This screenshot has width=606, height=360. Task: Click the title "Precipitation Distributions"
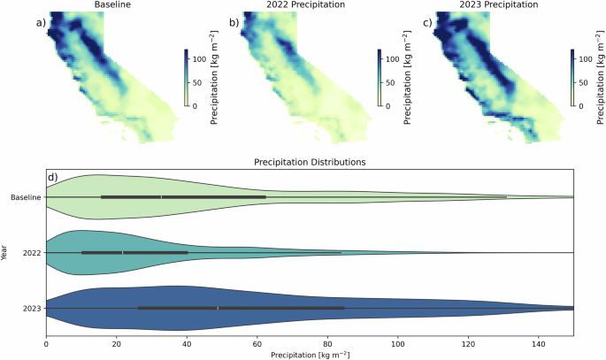(310, 163)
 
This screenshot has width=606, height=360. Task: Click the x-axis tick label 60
(257, 343)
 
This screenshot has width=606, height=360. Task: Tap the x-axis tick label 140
(539, 343)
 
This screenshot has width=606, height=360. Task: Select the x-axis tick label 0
(46, 343)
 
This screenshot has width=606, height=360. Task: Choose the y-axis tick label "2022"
(33, 252)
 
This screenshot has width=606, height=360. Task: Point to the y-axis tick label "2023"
(33, 308)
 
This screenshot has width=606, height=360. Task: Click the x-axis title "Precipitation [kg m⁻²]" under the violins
(310, 354)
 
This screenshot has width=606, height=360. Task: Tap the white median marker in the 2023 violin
(218, 308)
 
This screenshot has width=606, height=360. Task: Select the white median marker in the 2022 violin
(123, 252)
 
